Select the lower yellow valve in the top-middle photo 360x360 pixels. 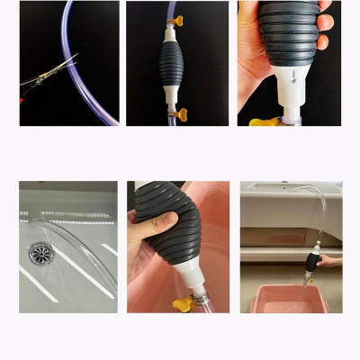coord(180,113)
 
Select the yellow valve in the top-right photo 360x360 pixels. coord(262,120)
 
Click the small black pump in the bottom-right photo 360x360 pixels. coord(311,263)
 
